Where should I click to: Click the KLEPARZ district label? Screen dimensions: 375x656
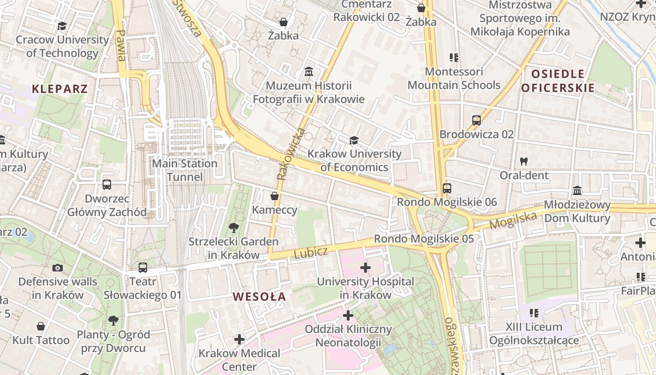click(60, 89)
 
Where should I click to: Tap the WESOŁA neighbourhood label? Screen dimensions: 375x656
click(260, 297)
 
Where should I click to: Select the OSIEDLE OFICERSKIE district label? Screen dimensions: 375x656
click(558, 81)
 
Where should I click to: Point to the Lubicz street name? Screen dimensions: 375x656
click(311, 252)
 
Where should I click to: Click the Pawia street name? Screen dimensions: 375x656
click(121, 45)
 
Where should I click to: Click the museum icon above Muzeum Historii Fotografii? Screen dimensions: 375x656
click(309, 72)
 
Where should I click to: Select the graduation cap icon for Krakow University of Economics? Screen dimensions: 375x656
click(354, 140)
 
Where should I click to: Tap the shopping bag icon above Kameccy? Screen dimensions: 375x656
click(275, 196)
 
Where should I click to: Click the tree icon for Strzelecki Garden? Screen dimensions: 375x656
click(233, 228)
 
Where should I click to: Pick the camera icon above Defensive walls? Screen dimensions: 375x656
click(58, 268)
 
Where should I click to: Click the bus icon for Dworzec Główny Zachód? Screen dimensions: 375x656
click(107, 185)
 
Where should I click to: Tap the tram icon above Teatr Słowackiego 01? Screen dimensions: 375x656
click(143, 268)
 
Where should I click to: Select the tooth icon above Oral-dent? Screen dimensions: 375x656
click(524, 161)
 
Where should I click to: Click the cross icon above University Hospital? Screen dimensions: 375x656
click(365, 268)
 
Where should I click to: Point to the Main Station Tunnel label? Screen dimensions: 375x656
click(185, 170)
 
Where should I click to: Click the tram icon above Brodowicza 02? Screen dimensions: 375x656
click(477, 120)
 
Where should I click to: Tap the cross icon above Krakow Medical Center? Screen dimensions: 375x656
click(239, 339)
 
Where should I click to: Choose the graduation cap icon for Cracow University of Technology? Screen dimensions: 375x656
click(62, 26)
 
